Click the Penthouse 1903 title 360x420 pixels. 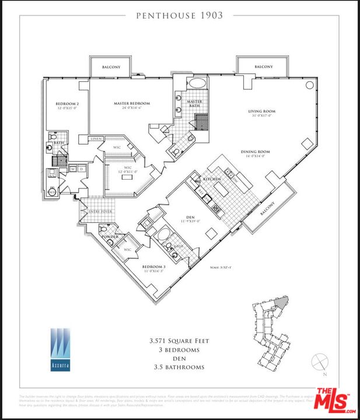(x=180, y=16)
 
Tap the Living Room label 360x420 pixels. (x=261, y=111)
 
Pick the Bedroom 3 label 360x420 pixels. (x=154, y=267)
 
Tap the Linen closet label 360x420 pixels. (x=96, y=138)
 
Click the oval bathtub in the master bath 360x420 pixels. (x=195, y=83)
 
